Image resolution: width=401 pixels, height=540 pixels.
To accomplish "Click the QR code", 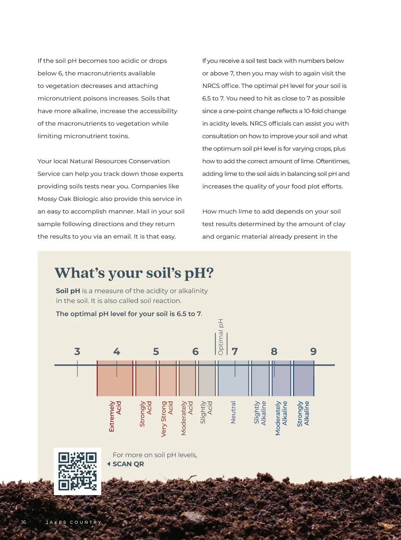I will pos(77,471).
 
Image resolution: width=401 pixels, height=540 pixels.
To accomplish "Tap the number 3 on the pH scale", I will pos(77,352).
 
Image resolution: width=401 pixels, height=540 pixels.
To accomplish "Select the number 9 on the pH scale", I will pos(313,352).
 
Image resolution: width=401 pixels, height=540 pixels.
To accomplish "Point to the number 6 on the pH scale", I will pos(195,352).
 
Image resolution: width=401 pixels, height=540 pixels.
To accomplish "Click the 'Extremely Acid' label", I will pos(115,416).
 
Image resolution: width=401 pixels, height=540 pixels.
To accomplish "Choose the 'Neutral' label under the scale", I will pos(233,412).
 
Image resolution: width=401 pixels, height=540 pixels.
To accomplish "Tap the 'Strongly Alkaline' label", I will pos(303,413).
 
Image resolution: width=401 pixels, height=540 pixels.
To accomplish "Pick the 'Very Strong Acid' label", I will pos(167,418).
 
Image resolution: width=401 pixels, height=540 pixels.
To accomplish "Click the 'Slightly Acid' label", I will pos(206,412).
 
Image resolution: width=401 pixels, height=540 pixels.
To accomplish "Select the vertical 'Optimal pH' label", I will pos(221,337).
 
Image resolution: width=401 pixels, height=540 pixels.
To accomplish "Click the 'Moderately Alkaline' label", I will pos(281,418).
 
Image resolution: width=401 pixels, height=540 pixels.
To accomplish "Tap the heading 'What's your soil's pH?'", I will pos(134,273).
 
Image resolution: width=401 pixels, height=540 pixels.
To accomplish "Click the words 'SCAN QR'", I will pos(128,464).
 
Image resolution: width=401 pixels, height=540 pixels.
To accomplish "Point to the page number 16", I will pos(23,522).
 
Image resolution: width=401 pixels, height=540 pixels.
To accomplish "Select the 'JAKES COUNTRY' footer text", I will pos(74,522).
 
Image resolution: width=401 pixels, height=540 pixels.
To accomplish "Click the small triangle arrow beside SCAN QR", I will pos(109,464).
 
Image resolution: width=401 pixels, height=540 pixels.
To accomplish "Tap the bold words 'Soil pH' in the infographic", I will pos(68,291).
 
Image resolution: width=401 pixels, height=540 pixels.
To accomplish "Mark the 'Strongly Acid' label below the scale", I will pos(145,413).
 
